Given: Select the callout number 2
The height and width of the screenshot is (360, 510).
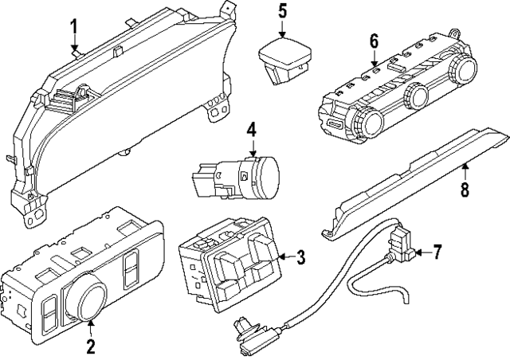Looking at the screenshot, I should [x=90, y=346].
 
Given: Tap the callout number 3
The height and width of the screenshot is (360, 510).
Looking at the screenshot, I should [x=300, y=256].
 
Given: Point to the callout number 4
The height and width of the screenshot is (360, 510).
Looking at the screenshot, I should [x=251, y=129].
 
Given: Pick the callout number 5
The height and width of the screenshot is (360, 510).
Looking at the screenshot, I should [x=282, y=11].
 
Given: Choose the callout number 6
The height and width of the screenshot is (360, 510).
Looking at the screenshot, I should [x=374, y=40].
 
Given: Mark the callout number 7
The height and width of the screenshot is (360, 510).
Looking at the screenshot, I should [x=436, y=253].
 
